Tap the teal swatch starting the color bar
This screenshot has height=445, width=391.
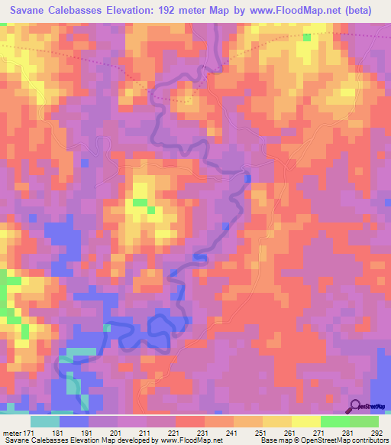pyautogui.click(x=44, y=421)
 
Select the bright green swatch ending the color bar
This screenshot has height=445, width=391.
pyautogui.click(x=364, y=421)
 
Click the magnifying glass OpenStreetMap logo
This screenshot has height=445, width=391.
pyautogui.click(x=356, y=407)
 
